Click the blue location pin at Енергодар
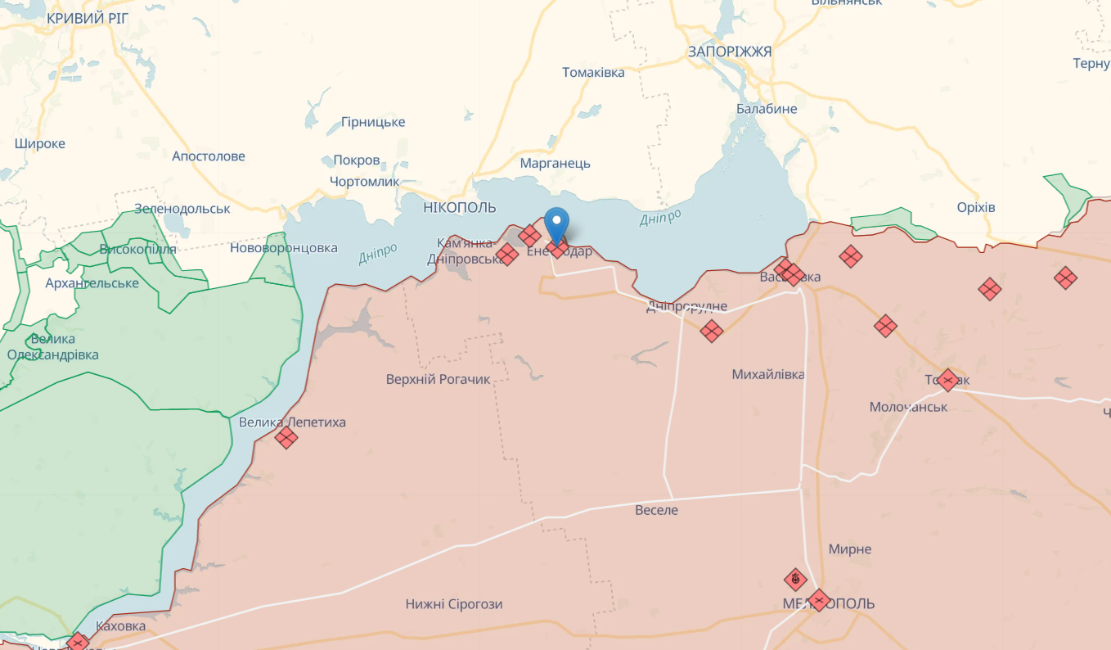coord(556,223)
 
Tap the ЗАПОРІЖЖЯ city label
coord(729,52)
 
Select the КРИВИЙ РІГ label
coord(88,18)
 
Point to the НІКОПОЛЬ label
coord(460,207)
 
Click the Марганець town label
coord(555,163)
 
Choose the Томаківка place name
coord(593,72)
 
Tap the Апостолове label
coord(208,156)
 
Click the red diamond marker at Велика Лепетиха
coord(286,437)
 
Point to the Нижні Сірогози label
coord(454,604)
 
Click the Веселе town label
coord(656,510)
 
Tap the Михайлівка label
coord(767,374)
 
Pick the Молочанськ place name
coord(908,406)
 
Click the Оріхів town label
coord(976,207)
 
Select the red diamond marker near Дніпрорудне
coord(712,331)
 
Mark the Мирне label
coord(849,548)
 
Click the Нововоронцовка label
coord(283,247)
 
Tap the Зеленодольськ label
coord(182,208)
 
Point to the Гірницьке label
coord(373,122)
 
